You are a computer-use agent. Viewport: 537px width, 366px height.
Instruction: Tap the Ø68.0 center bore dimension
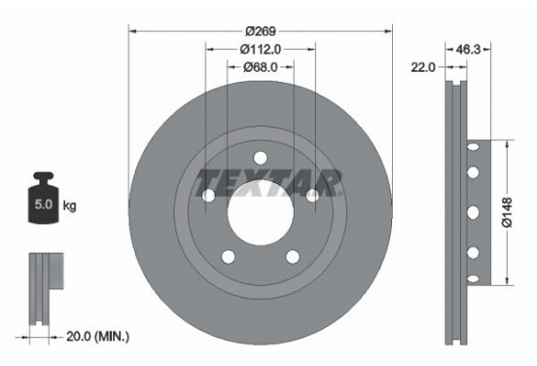260,66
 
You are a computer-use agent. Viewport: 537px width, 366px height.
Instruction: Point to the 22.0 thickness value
424,66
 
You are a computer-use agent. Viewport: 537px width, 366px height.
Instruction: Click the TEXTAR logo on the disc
268,181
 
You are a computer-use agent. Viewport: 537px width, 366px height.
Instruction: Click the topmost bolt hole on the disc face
260,157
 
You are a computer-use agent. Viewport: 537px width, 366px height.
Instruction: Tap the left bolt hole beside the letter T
207,195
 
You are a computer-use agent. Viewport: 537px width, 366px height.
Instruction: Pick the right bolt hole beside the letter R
312,195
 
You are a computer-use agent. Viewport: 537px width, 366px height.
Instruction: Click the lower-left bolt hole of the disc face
228,256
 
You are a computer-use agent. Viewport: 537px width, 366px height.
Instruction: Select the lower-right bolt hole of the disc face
292,256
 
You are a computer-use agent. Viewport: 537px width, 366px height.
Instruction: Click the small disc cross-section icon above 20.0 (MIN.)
44,286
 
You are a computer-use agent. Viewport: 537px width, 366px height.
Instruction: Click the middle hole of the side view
473,212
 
